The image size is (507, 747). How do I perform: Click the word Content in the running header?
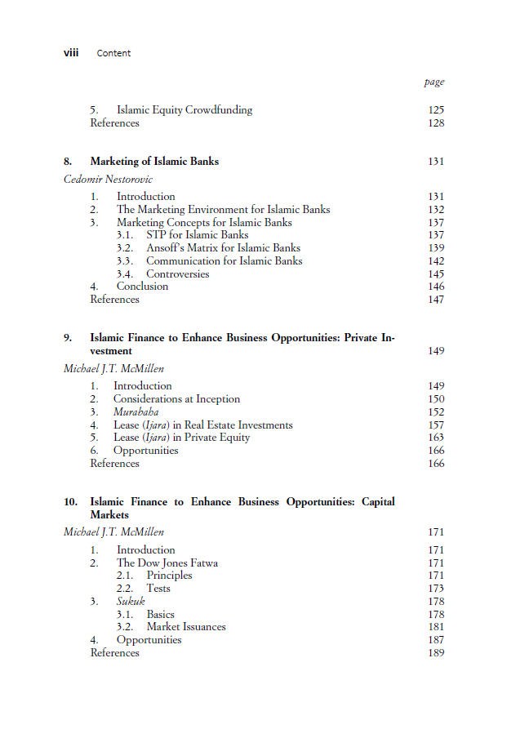click(x=113, y=53)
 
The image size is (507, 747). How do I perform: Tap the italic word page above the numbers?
click(x=434, y=82)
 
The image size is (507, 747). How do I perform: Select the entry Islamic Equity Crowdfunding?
click(x=185, y=110)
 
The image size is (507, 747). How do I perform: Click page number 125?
click(x=436, y=110)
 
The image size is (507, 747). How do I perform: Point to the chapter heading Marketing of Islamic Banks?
click(x=154, y=162)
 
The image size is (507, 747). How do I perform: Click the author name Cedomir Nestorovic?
click(x=108, y=179)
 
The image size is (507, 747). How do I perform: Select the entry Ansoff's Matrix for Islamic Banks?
click(x=223, y=248)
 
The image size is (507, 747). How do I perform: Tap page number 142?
click(x=436, y=261)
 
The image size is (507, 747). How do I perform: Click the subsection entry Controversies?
click(x=178, y=274)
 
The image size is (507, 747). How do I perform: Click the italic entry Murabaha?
click(x=136, y=412)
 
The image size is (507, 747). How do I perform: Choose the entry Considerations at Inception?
click(x=176, y=399)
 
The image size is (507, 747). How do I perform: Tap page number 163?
click(x=436, y=438)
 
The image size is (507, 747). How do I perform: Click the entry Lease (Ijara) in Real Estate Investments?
click(x=202, y=425)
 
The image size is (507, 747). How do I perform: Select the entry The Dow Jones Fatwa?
click(x=167, y=562)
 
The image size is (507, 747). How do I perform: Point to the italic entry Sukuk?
click(x=131, y=602)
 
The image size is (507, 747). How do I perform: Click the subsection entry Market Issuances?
click(x=186, y=627)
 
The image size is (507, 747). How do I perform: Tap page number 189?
click(x=436, y=653)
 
